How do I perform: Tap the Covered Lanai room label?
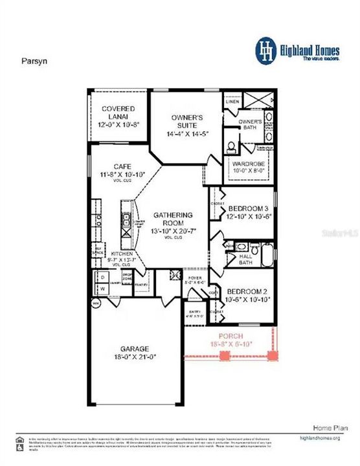(x=117, y=109)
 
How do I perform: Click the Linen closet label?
(x=231, y=102)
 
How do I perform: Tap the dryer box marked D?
(x=103, y=276)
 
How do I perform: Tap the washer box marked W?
(x=103, y=288)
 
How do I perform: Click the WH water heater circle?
(x=96, y=303)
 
